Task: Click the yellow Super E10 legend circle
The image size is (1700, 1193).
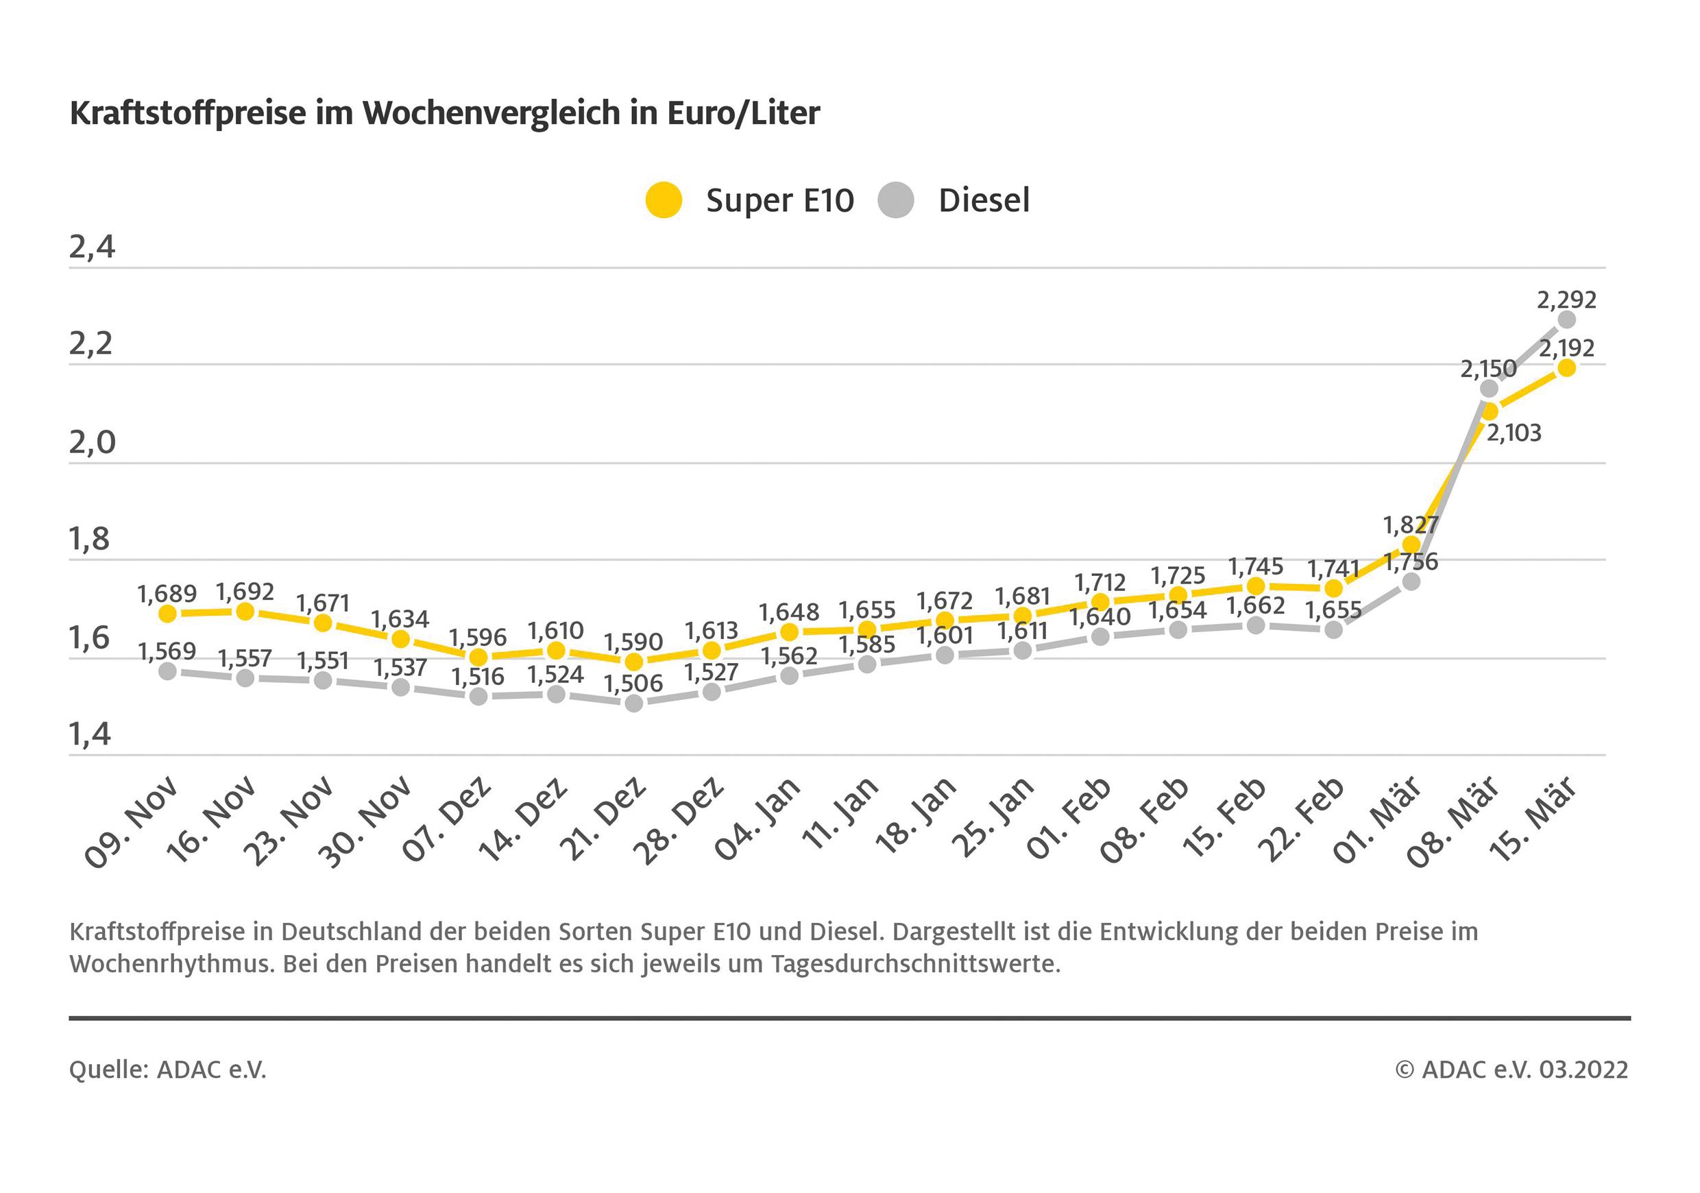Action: (663, 200)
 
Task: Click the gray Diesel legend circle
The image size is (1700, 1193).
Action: (896, 200)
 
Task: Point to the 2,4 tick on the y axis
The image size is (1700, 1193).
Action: (93, 248)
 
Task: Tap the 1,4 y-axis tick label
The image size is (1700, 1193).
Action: (90, 734)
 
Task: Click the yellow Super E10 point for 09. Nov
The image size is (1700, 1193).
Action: (168, 613)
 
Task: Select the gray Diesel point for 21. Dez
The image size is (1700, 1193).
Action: (634, 703)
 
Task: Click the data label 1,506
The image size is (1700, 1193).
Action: (633, 684)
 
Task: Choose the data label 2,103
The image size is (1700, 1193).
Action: (1514, 433)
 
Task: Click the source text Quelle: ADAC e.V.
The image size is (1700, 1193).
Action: (168, 1070)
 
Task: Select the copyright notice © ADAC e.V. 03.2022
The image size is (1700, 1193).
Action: (1511, 1070)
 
